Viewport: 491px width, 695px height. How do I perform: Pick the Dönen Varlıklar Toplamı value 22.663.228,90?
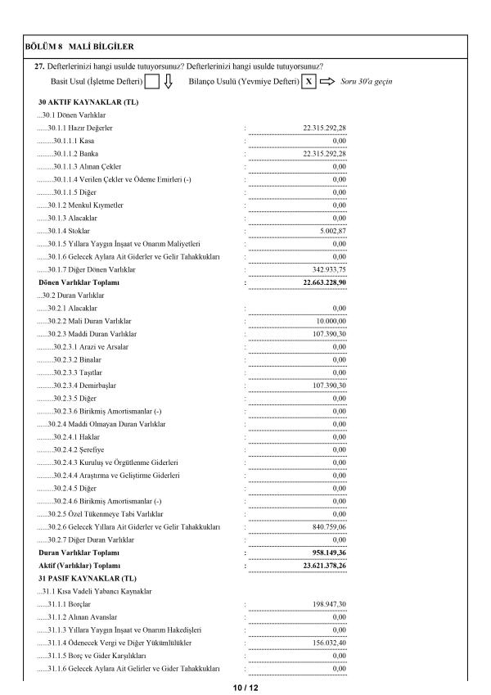pyautogui.click(x=320, y=282)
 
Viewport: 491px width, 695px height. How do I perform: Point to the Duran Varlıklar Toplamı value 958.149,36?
pyautogui.click(x=325, y=553)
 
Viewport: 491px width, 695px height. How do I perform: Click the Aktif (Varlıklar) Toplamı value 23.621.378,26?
pyautogui.click(x=320, y=566)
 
